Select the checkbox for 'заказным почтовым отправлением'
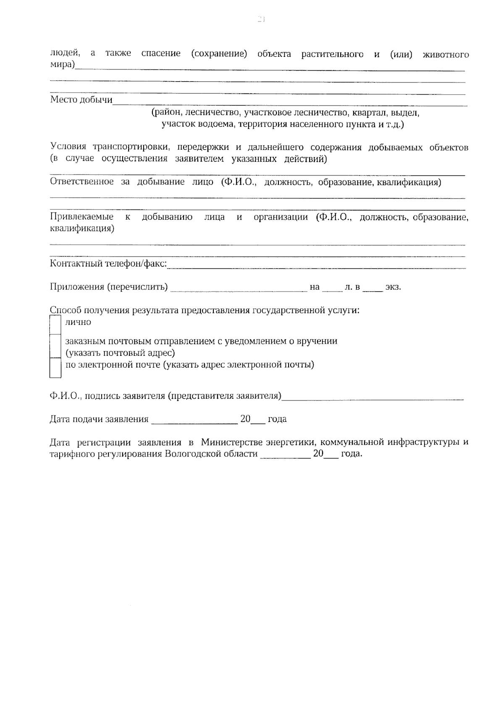pyautogui.click(x=55, y=345)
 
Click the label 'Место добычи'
pyautogui.click(x=81, y=100)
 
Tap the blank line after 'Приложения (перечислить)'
pyautogui.click(x=239, y=288)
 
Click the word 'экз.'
pyautogui.click(x=393, y=287)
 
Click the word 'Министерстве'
pyautogui.click(x=232, y=443)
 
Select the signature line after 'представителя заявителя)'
pyautogui.click(x=373, y=397)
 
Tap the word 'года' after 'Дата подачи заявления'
pyautogui.click(x=277, y=419)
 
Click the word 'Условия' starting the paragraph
pyautogui.click(x=68, y=148)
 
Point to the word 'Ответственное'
pyautogui.click(x=81, y=182)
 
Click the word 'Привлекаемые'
pyautogui.click(x=81, y=217)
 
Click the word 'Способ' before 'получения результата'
pyautogui.click(x=66, y=310)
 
